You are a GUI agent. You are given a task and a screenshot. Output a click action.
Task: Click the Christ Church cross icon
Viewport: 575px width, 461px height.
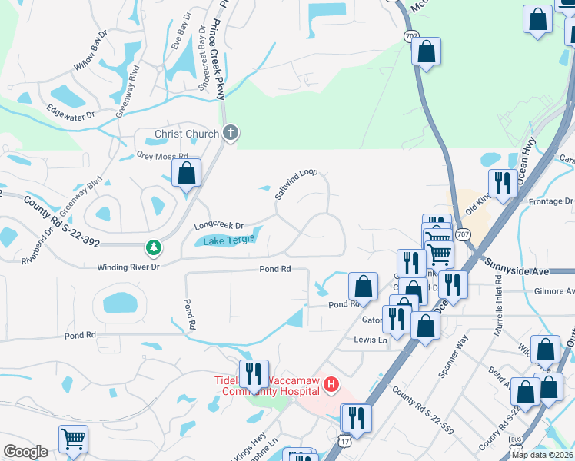point(230,134)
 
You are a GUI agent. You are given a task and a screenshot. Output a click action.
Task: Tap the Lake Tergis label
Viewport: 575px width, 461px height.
point(228,241)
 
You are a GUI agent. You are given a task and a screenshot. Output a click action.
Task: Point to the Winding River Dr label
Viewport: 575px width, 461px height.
point(128,267)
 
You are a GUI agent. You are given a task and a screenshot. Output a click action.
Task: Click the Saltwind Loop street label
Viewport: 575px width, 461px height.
point(297,184)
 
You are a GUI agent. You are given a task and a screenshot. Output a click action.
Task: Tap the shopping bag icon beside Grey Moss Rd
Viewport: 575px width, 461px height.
point(187,173)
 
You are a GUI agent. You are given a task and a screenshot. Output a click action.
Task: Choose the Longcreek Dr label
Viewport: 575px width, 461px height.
point(218,226)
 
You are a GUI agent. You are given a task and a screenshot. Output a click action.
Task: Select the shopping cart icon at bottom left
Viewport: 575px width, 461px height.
point(74,439)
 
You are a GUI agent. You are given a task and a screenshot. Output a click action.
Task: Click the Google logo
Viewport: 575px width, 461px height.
point(25,452)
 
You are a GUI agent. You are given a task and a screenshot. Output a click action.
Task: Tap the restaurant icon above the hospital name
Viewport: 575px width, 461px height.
point(254,373)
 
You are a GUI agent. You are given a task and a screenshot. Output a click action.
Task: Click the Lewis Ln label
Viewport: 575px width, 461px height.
point(371,340)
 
